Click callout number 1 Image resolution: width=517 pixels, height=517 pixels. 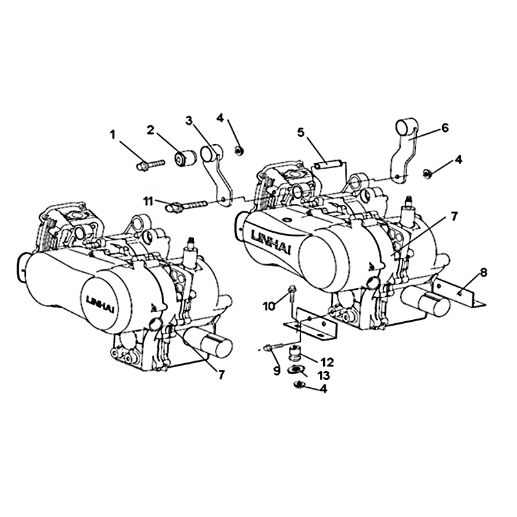[x=113, y=134]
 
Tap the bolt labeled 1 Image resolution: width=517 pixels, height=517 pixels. [x=151, y=164]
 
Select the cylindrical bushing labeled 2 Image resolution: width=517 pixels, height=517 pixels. [x=185, y=158]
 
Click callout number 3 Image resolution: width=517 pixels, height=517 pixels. [x=189, y=121]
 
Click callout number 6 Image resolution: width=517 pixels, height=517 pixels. [x=445, y=127]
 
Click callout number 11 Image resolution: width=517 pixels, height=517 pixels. [x=149, y=200]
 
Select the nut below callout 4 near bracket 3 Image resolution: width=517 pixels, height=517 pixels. [x=237, y=151]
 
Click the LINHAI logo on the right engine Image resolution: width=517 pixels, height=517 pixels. [x=271, y=242]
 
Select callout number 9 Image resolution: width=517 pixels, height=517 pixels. [x=277, y=370]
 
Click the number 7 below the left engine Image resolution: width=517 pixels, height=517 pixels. [x=221, y=374]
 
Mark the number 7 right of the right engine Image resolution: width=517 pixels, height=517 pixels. [x=454, y=216]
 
